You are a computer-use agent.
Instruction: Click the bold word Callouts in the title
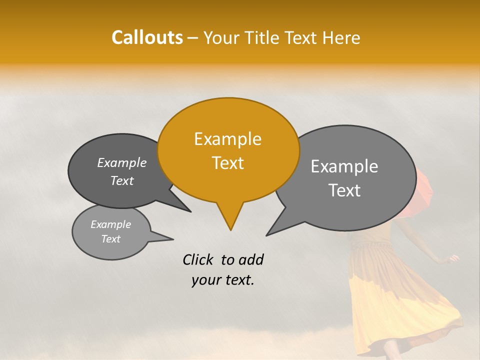coord(147,37)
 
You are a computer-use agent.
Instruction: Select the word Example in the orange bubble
coord(227,139)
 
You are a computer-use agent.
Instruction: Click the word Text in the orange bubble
coord(227,163)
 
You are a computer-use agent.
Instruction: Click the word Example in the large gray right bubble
coord(344,166)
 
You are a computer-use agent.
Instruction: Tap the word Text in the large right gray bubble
coord(344,190)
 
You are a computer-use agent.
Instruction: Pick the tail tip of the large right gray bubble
coord(267,235)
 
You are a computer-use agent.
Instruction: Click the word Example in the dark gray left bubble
coord(121,163)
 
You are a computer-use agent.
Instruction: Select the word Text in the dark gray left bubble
coord(121,181)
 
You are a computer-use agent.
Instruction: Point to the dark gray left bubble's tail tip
coord(190,211)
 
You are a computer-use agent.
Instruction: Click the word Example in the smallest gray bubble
coord(110,224)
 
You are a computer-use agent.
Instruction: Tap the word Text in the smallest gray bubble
coord(110,239)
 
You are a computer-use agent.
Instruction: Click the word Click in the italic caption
coord(199,259)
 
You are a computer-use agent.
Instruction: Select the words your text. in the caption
coord(223,280)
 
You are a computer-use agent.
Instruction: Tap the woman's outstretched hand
coord(454,258)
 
